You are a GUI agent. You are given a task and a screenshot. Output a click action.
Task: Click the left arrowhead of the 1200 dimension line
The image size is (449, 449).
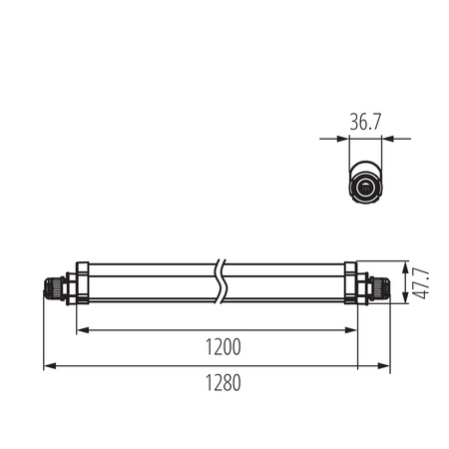[x=81, y=330]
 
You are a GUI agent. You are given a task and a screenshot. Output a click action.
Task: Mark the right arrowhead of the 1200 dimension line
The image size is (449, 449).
[x=352, y=330]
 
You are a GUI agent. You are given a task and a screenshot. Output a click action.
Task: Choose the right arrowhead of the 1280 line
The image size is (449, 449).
[x=386, y=367]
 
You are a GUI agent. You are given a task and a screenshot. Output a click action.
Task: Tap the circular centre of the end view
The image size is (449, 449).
[x=366, y=186]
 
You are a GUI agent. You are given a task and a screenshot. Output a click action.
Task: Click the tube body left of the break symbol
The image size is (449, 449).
[x=150, y=283]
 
